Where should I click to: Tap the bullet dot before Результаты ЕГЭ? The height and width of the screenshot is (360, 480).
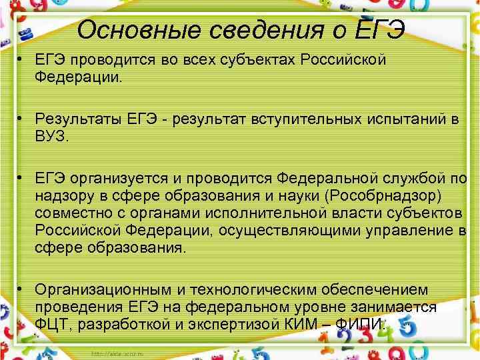pos(22,119)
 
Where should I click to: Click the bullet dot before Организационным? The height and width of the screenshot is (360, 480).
pos(22,289)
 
